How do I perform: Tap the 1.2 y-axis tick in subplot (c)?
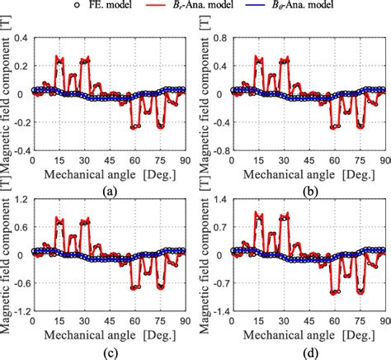click(x=20, y=198)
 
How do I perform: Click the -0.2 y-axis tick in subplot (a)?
click(x=17, y=123)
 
